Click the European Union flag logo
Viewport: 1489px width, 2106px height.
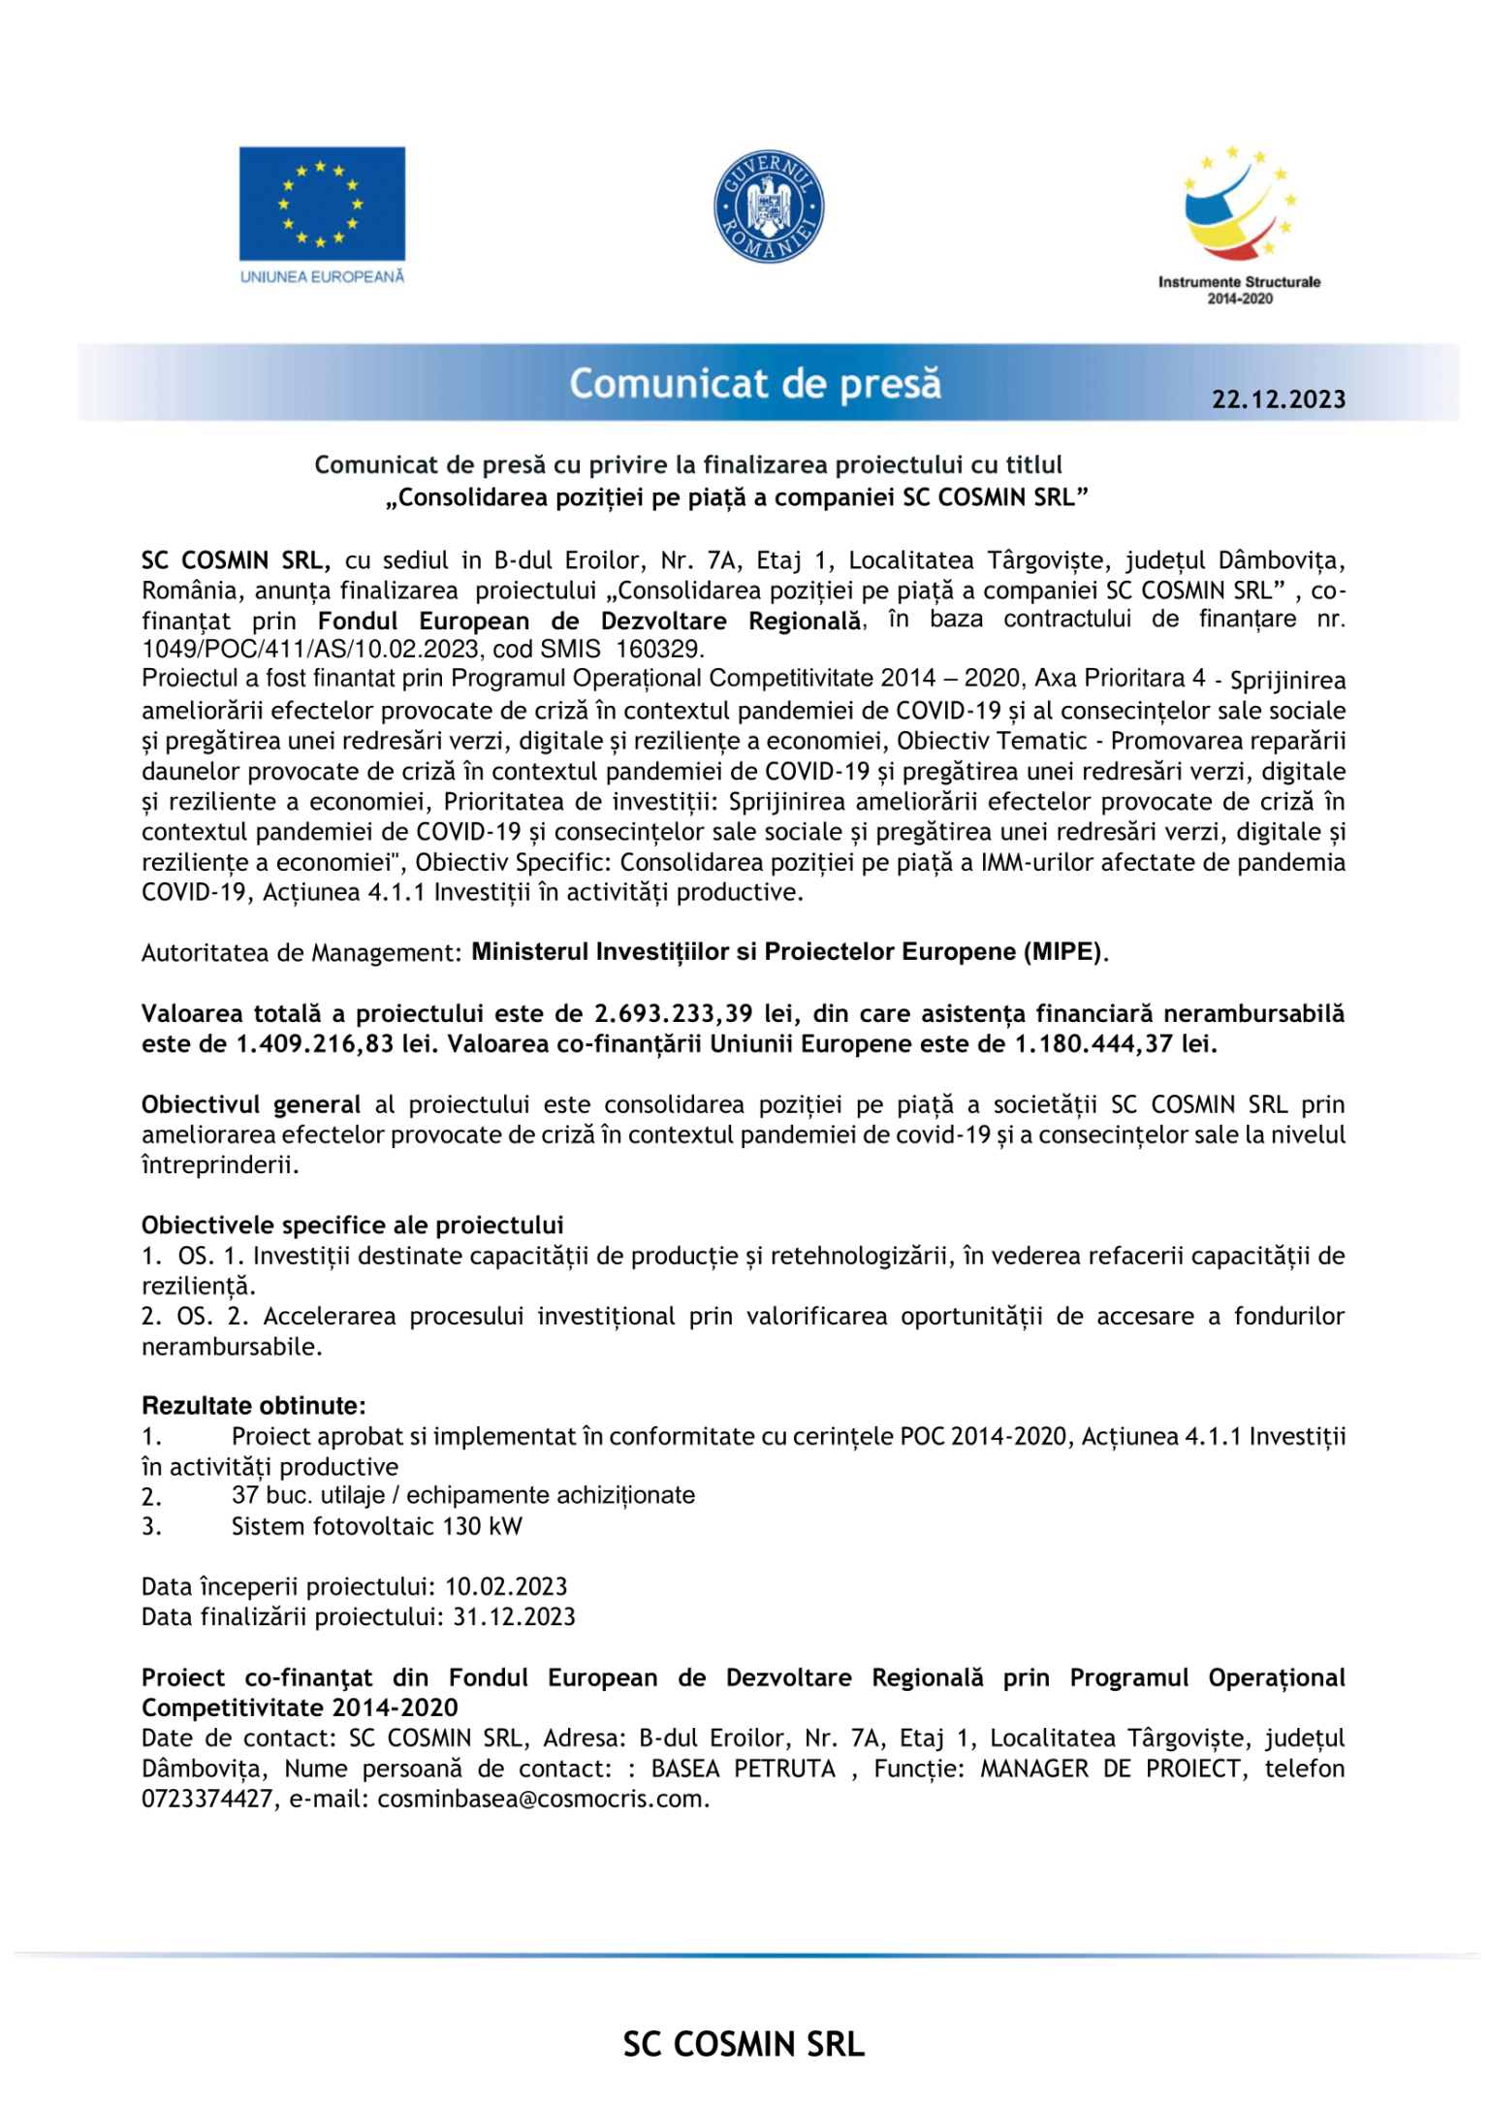322,204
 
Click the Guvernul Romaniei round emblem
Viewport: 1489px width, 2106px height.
769,207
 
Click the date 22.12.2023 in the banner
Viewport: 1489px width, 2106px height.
1278,399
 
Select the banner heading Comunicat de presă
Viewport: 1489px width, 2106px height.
755,384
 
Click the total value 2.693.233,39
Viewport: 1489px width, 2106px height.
673,1013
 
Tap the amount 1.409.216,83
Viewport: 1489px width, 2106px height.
315,1044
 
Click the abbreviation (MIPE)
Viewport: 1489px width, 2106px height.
1062,952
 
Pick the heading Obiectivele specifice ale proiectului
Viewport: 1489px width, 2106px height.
352,1226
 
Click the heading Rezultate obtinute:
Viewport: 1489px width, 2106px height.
254,1406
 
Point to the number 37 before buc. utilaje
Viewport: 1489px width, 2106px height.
244,1495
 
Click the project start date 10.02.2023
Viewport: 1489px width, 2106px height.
506,1587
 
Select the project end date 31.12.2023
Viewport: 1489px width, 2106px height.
514,1617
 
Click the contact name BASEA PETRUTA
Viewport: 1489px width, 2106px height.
743,1770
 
